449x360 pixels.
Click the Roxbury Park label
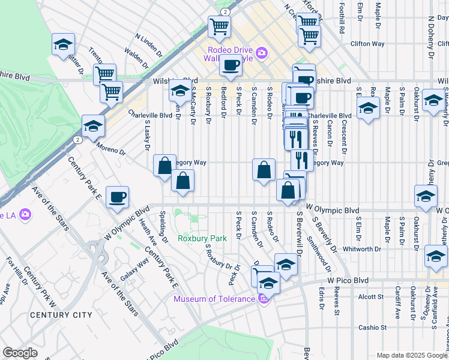[202, 238]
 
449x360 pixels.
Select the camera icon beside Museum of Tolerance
[262, 299]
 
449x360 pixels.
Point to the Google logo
[20, 353]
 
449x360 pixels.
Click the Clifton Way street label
[368, 44]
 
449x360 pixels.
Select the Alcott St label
[370, 296]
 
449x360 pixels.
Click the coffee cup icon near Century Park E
[118, 197]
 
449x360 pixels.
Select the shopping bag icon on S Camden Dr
[264, 170]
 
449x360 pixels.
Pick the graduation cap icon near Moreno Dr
[93, 125]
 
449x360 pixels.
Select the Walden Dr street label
[137, 58]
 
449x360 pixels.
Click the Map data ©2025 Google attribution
[412, 355]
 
